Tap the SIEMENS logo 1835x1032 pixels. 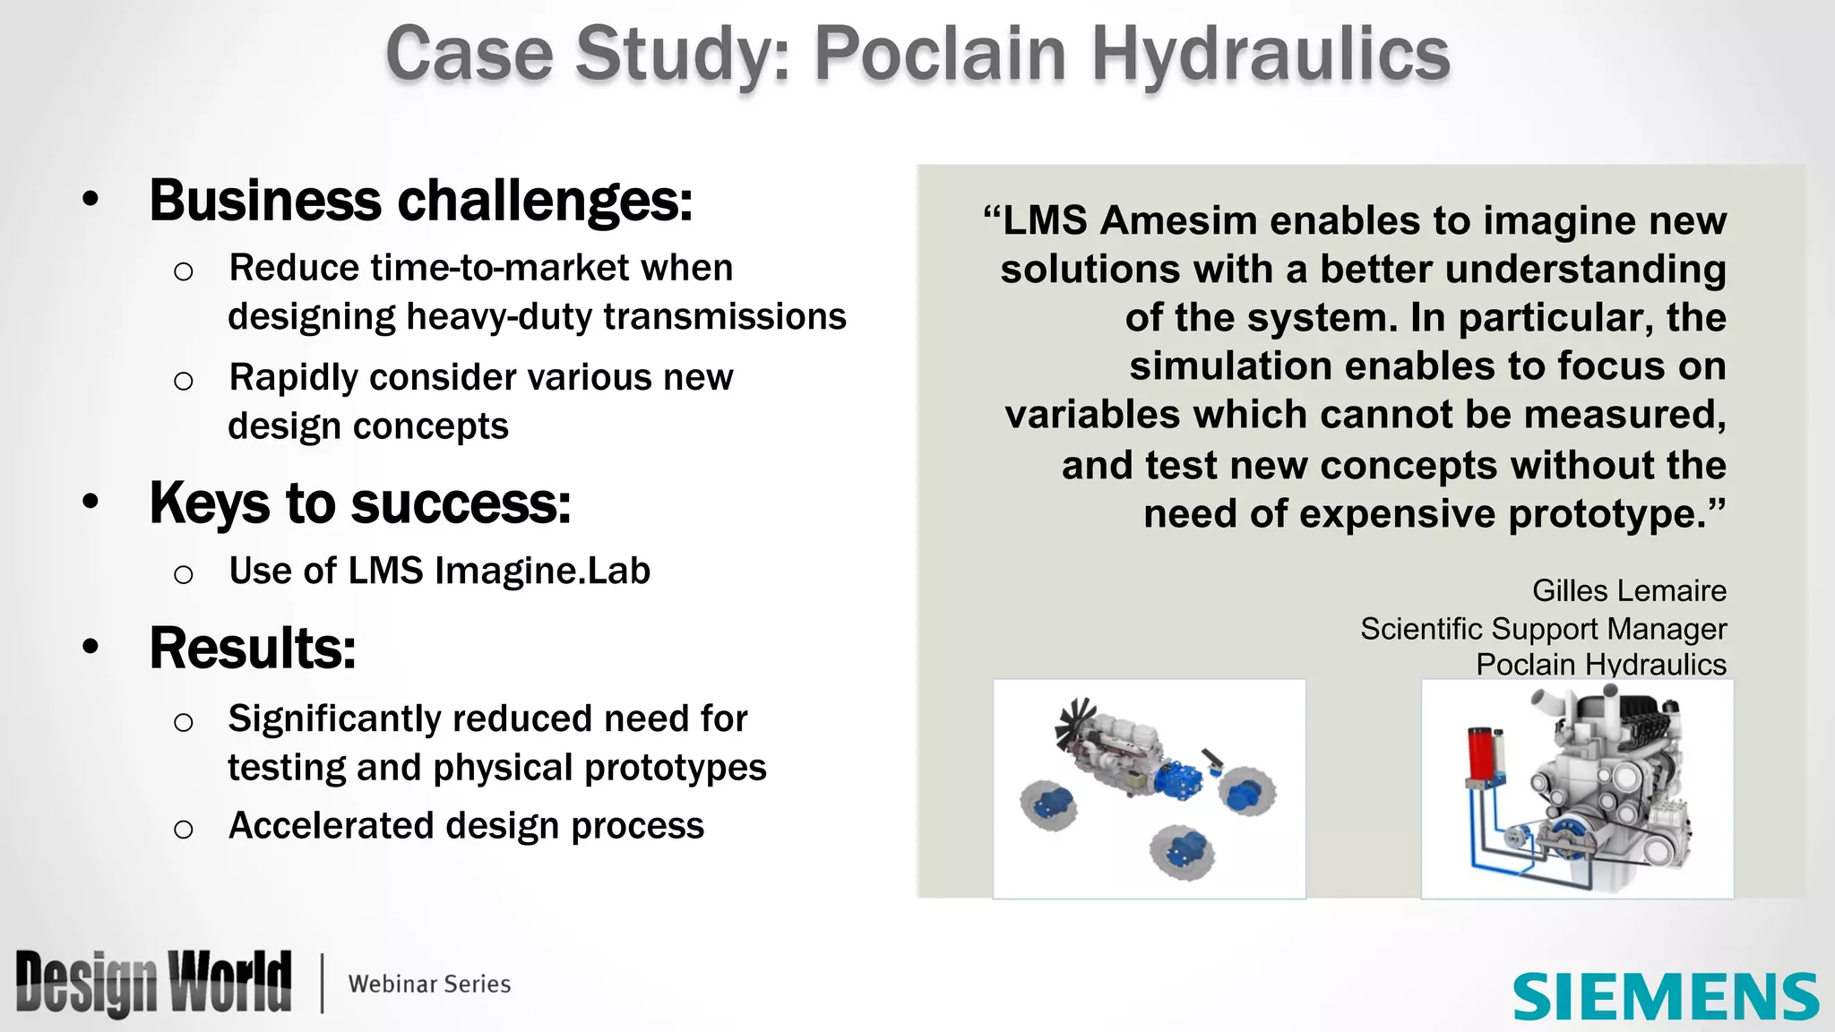1665,996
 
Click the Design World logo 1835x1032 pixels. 153,984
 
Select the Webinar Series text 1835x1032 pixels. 429,984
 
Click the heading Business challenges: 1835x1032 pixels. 420,200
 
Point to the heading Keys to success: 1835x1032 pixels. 359,503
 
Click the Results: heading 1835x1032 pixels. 253,648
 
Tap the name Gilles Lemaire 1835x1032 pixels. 1628,590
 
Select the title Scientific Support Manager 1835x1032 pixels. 1542,628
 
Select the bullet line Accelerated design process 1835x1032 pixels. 466,825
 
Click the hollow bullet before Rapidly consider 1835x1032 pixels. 184,382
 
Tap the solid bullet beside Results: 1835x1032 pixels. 90,647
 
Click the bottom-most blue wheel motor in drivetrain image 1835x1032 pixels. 1184,851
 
